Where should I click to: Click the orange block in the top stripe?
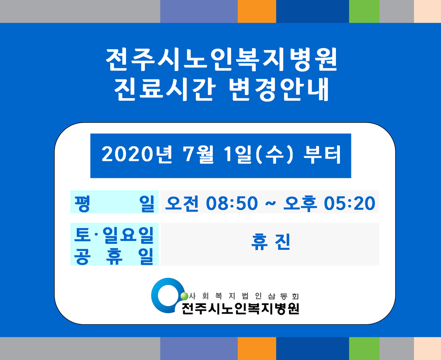point(257,11)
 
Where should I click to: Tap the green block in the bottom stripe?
point(364,349)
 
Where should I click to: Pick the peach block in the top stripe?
point(427,11)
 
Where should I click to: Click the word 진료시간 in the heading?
point(165,90)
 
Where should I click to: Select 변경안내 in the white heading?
point(279,90)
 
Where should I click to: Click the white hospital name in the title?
point(221,60)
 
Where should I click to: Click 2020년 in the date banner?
point(137,155)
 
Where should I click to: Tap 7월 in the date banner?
point(198,155)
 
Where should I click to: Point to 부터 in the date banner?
point(322,155)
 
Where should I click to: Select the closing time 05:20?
point(349,203)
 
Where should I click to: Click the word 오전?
point(182,203)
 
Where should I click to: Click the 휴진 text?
point(270,242)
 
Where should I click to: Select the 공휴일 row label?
point(114,256)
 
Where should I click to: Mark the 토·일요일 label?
point(114,235)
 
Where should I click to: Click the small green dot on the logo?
point(184,296)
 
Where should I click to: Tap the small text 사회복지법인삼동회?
point(244,296)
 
